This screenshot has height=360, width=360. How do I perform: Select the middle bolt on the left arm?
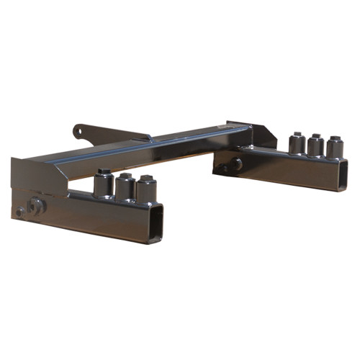coord(125,188)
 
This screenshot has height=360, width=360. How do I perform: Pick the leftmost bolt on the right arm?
coord(296,144)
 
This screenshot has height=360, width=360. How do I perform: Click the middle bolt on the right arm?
coord(315,146)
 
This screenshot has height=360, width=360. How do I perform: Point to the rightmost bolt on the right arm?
coord(334,148)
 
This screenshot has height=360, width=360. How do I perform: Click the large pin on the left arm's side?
coord(37,205)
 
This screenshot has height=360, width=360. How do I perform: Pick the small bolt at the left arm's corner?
coord(20,212)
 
